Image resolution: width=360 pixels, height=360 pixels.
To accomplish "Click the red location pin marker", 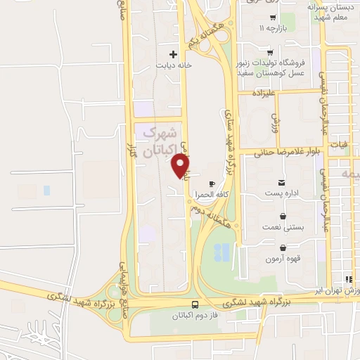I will click(181, 165).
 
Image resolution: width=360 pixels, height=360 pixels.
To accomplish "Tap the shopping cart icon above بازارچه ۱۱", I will click(272, 18).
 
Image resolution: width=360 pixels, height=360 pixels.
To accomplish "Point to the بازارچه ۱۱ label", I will click(272, 29).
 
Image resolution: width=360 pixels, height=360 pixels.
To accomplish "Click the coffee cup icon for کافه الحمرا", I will click(212, 184).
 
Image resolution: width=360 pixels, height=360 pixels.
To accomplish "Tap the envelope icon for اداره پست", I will click(282, 182).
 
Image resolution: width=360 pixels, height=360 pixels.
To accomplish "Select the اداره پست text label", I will click(282, 193).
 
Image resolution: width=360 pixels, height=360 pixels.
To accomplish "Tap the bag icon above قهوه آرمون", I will click(282, 247).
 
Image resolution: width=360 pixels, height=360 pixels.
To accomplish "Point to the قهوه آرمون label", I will click(282, 259).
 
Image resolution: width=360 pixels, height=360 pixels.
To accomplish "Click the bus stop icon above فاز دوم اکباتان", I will click(195, 304).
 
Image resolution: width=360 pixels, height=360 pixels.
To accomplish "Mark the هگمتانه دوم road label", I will click(215, 214).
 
